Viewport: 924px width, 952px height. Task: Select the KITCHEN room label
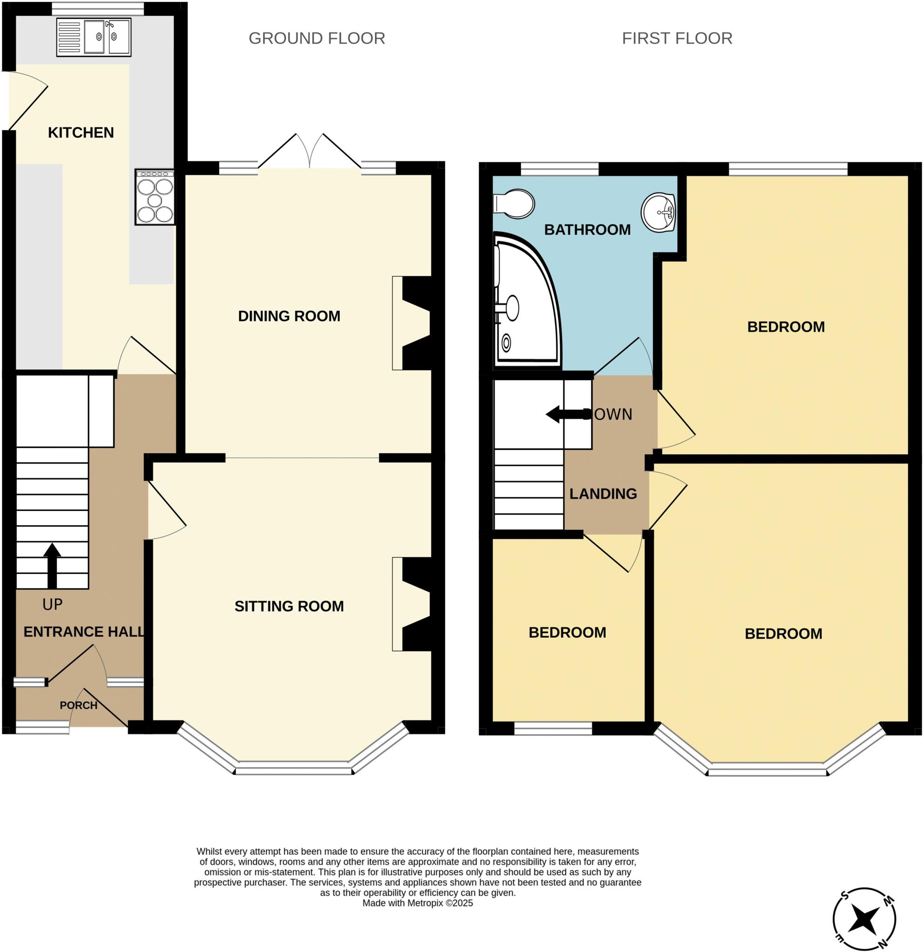pyautogui.click(x=80, y=132)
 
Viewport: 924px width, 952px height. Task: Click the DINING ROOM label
pyautogui.click(x=289, y=316)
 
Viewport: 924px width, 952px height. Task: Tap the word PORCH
pyautogui.click(x=78, y=705)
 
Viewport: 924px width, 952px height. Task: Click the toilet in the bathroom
pyautogui.click(x=514, y=204)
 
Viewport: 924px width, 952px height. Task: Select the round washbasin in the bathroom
pyautogui.click(x=658, y=212)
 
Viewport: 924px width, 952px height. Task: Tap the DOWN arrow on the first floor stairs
pyautogui.click(x=567, y=414)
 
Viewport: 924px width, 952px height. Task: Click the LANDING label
pyautogui.click(x=603, y=494)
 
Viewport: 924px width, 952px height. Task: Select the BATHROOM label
pyautogui.click(x=587, y=230)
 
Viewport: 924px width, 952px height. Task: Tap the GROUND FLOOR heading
pyautogui.click(x=316, y=39)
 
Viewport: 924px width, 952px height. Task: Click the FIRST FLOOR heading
pyautogui.click(x=676, y=39)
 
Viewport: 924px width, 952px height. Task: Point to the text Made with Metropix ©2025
pyautogui.click(x=417, y=903)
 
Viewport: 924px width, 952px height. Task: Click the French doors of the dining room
pyautogui.click(x=309, y=152)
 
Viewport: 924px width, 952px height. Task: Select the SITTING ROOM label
pyautogui.click(x=289, y=606)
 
